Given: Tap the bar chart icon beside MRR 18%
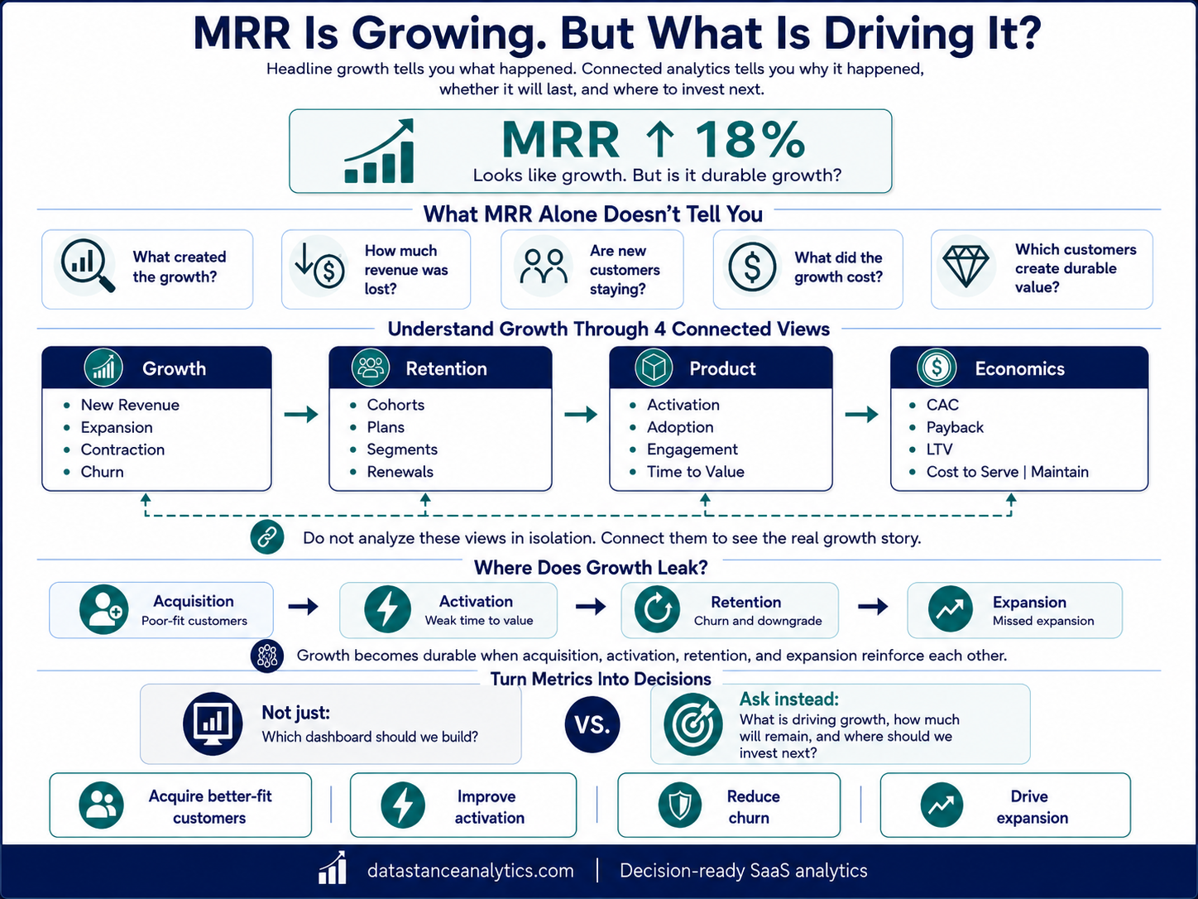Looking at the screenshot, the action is pyautogui.click(x=380, y=151).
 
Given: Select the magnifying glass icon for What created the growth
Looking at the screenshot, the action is pyautogui.click(x=88, y=266).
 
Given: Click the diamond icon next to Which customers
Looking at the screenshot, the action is pyautogui.click(x=966, y=266).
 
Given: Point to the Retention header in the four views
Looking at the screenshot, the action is pyautogui.click(x=446, y=369).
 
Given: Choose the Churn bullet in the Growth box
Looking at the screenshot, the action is pyautogui.click(x=102, y=472).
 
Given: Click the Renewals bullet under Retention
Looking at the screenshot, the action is pyautogui.click(x=400, y=472).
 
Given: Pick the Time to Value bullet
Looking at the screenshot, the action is pyautogui.click(x=695, y=472).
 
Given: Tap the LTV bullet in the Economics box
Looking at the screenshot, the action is pyautogui.click(x=939, y=449).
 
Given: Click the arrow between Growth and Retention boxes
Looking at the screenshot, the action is pyautogui.click(x=301, y=414).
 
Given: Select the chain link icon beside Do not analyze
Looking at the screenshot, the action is pyautogui.click(x=267, y=537).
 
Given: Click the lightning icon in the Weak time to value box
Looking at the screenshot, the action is pyautogui.click(x=387, y=609).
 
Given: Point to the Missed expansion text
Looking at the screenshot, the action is pyautogui.click(x=1043, y=621).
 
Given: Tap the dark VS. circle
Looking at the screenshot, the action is pyautogui.click(x=592, y=724).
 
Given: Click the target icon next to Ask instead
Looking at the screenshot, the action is pyautogui.click(x=692, y=724).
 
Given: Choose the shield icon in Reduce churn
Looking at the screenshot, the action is pyautogui.click(x=679, y=805).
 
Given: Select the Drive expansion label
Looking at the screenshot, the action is pyautogui.click(x=1032, y=807).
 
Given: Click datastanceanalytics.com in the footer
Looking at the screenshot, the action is pyautogui.click(x=471, y=871).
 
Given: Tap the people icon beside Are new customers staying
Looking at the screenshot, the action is pyautogui.click(x=543, y=267).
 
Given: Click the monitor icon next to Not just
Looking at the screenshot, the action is pyautogui.click(x=213, y=724).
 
